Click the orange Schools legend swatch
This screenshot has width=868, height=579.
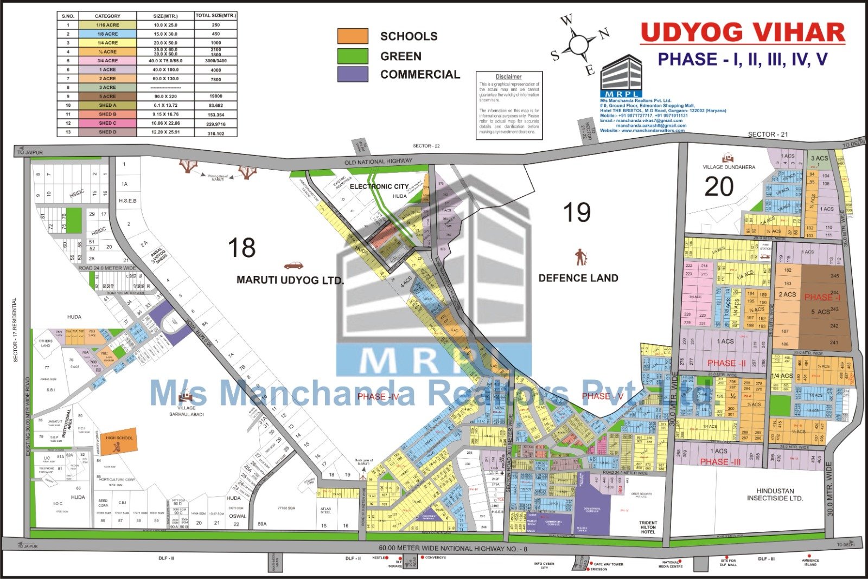[x=353, y=36]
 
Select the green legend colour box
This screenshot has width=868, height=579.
[x=353, y=56]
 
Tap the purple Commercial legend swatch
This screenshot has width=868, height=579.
[x=353, y=74]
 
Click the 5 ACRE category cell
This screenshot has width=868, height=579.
[x=107, y=97]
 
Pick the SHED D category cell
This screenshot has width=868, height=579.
[x=107, y=132]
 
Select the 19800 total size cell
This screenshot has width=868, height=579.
[x=216, y=97]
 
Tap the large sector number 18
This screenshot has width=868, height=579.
[x=241, y=248]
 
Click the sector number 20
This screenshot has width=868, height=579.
[x=719, y=187]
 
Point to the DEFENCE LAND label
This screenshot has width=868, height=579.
[x=578, y=278]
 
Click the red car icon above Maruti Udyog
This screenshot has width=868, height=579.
[x=293, y=266]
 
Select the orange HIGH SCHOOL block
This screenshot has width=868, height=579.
[x=119, y=442]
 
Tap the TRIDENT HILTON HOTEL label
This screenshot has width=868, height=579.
[x=648, y=527]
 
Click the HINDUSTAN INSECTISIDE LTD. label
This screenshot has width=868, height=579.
[x=775, y=494]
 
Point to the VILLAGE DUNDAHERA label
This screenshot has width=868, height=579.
[x=729, y=167]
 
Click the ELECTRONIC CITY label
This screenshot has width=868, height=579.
[x=379, y=186]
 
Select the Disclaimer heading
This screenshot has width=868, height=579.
[x=508, y=77]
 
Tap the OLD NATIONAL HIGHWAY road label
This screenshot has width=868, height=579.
[x=379, y=162]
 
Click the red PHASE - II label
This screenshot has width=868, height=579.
[x=726, y=363]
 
